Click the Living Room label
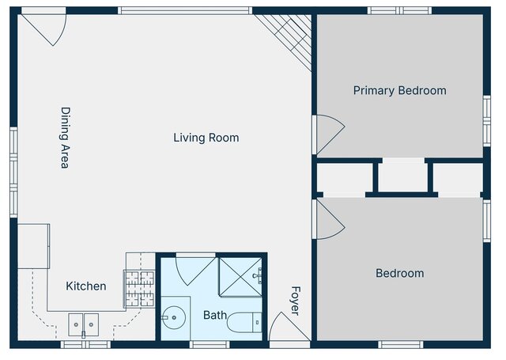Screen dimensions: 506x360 pyautogui.click(x=206, y=138)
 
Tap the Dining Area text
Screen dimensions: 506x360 pyautogui.click(x=66, y=138)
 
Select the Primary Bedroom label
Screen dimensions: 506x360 pyautogui.click(x=400, y=91)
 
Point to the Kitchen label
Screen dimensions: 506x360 pyautogui.click(x=86, y=286)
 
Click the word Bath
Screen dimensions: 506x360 pyautogui.click(x=215, y=315)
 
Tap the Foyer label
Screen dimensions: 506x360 pyautogui.click(x=296, y=301)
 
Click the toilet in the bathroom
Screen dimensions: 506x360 pyautogui.click(x=244, y=323)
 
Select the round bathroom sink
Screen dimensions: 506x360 pyautogui.click(x=174, y=318)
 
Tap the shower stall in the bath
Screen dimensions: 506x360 pyautogui.click(x=240, y=277)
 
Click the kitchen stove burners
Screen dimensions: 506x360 pyautogui.click(x=140, y=289)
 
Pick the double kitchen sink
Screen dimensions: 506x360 pyautogui.click(x=84, y=324)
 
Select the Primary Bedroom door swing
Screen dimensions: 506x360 pyautogui.click(x=329, y=135)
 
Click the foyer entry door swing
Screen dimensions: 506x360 pyautogui.click(x=288, y=327)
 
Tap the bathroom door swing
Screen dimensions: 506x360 pyautogui.click(x=195, y=269)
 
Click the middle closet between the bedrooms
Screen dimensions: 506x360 pyautogui.click(x=402, y=177)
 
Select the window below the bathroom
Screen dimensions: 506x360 pyautogui.click(x=210, y=344)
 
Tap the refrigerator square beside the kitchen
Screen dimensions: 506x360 pyautogui.click(x=33, y=246)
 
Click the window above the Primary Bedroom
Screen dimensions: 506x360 pyautogui.click(x=400, y=10)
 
